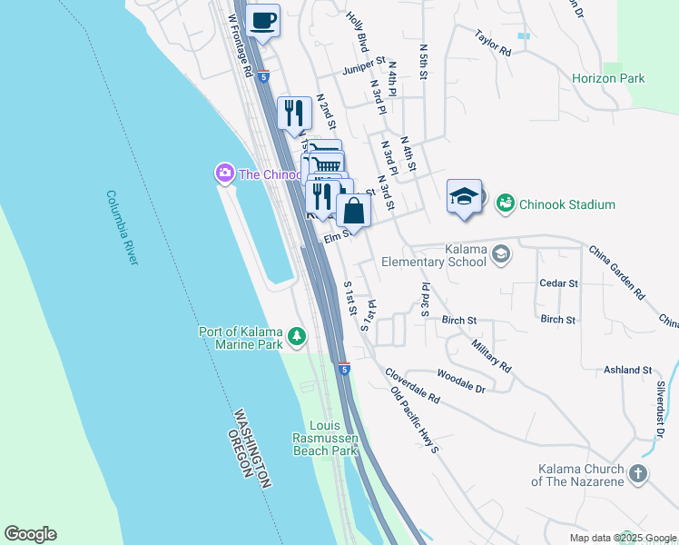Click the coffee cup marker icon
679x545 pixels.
pos(263,20)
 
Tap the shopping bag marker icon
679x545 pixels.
pos(354,212)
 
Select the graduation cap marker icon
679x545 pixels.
pos(464,196)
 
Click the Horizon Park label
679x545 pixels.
pos(608,78)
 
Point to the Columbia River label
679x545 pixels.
pos(122,227)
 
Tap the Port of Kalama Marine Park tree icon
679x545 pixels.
pos(296,338)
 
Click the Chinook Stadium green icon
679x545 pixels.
pos(506,204)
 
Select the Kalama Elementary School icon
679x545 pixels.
pos(500,256)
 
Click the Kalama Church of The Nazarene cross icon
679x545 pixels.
pos(638,474)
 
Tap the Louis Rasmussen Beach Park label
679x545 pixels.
pos(333,438)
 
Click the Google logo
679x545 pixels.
pos(30,534)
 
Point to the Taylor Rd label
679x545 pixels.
pos(494,43)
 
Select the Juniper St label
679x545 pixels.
pos(364,68)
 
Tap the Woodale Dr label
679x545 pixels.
pos(461,379)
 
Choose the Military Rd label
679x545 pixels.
pos(491,354)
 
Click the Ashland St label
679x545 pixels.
pos(628,370)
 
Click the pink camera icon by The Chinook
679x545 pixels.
pos(223,173)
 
